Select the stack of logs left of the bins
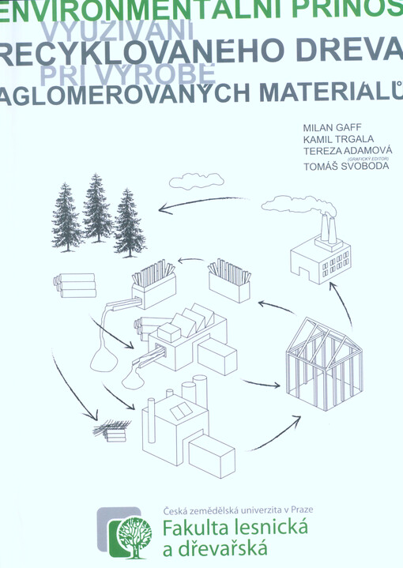[x=76, y=285]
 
